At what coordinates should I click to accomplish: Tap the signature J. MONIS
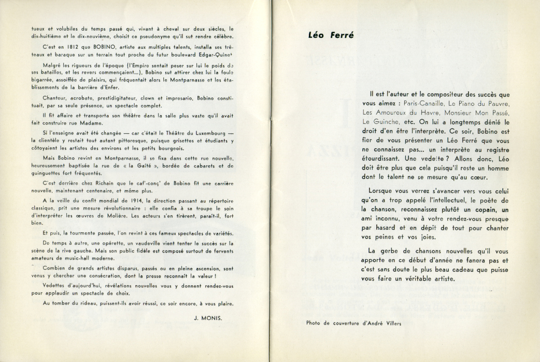pyautogui.click(x=207, y=318)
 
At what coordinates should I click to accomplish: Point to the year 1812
pyautogui.click(x=60, y=47)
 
